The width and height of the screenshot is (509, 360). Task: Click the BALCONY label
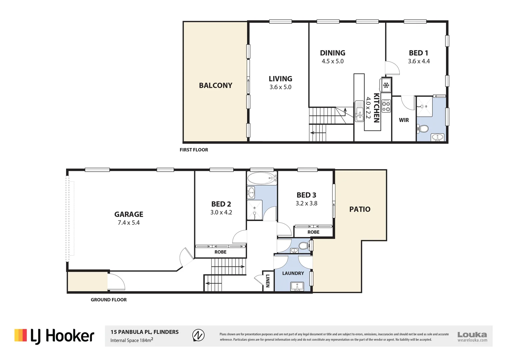pyautogui.click(x=216, y=85)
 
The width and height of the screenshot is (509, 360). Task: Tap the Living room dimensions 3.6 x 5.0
pyautogui.click(x=280, y=87)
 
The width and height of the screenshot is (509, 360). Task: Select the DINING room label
pyautogui.click(x=332, y=53)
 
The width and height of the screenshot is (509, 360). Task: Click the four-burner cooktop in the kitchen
pyautogui.click(x=386, y=106)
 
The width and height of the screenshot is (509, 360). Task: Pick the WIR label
pyautogui.click(x=404, y=120)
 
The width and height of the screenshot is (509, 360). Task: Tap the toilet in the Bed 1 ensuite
pyautogui.click(x=423, y=129)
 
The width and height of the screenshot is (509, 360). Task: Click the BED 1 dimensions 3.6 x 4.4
pyautogui.click(x=419, y=61)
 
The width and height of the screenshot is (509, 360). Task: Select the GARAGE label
pyautogui.click(x=129, y=214)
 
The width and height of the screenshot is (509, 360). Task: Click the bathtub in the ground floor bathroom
pyautogui.click(x=262, y=178)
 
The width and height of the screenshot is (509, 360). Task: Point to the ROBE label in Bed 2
pyautogui.click(x=220, y=252)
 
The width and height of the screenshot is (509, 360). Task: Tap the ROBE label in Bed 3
pyautogui.click(x=313, y=232)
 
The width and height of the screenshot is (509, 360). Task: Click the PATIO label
pyautogui.click(x=360, y=209)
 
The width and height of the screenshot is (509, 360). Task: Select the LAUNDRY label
pyautogui.click(x=293, y=273)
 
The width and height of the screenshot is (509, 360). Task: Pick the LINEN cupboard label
pyautogui.click(x=267, y=281)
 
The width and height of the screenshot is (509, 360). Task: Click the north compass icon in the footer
pyautogui.click(x=199, y=335)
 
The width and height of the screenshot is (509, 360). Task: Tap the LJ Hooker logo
pyautogui.click(x=54, y=336)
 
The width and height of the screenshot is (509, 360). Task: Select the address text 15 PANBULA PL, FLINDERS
pyautogui.click(x=145, y=332)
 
